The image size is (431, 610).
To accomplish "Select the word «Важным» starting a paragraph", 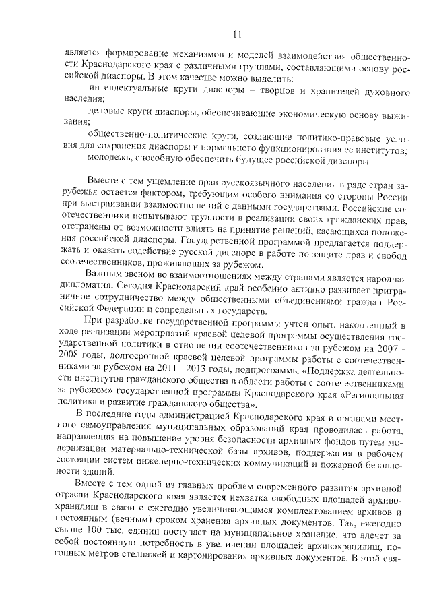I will tap(108, 274).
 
